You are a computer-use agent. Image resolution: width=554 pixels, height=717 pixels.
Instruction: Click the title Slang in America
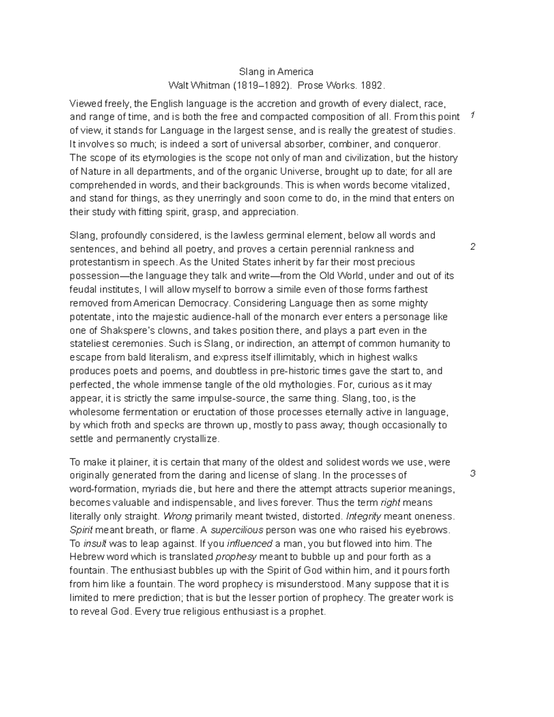pos(276,72)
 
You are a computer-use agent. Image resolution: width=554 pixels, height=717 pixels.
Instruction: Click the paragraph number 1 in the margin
pos(472,115)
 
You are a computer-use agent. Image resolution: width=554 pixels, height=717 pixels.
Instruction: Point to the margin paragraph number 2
pos(472,247)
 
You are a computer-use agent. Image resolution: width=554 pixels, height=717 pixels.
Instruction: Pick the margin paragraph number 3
pos(472,473)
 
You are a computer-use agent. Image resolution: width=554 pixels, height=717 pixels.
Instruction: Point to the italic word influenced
pos(250,543)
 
